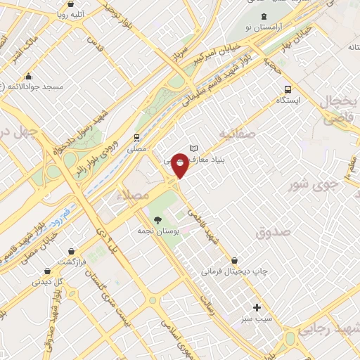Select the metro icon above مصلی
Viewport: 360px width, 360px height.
[x=137, y=138]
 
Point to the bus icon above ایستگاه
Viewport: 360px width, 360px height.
[x=287, y=89]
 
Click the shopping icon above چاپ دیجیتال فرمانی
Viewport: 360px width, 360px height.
[x=243, y=260]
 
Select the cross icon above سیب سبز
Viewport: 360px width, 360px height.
[x=257, y=307]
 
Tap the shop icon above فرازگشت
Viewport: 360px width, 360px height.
[x=71, y=250]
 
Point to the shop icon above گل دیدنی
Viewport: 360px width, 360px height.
[x=46, y=271]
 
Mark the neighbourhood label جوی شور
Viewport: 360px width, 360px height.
[x=315, y=186]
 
